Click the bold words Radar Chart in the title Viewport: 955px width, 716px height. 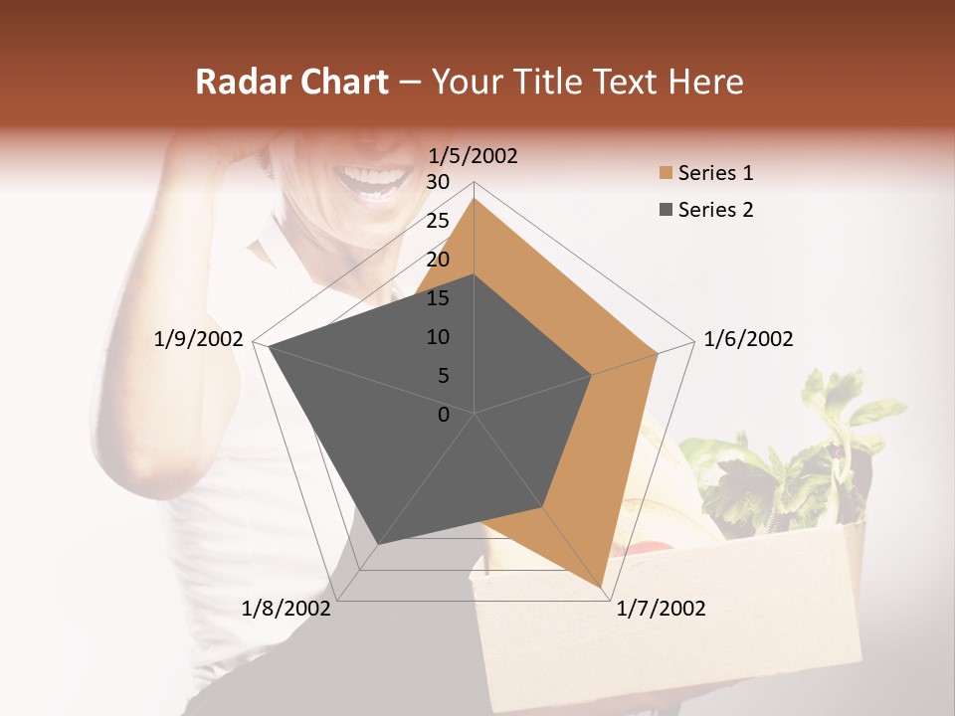pos(291,82)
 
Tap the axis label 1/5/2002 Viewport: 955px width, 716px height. pos(474,156)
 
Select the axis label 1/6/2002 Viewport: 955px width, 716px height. pos(748,339)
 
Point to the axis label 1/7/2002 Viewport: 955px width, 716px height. pos(661,609)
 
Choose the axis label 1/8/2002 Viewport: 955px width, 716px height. pos(286,609)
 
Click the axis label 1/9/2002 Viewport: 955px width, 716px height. pos(199,339)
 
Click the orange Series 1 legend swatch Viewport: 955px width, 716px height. pos(666,173)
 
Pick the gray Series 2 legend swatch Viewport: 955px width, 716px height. pos(666,210)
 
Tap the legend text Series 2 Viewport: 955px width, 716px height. pos(715,210)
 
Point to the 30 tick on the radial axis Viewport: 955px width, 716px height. pos(438,182)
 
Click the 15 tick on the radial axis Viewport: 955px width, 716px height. pos(438,298)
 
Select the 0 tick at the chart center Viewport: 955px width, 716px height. pos(444,414)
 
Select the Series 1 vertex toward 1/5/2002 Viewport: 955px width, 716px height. pos(475,198)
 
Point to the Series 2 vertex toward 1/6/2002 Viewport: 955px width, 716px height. pos(592,375)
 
